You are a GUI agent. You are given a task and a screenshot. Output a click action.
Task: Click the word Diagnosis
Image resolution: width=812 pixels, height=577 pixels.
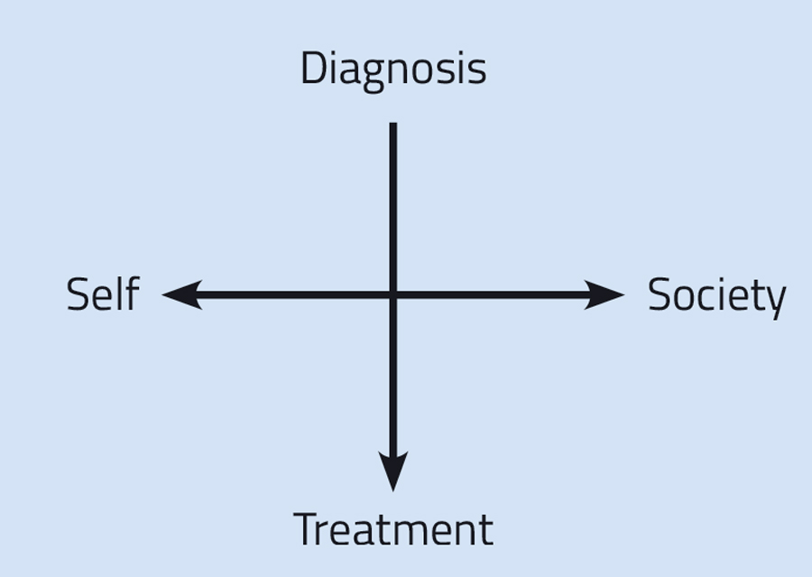pos(392,69)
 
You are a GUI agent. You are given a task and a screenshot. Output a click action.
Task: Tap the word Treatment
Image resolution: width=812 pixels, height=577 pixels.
pos(393,529)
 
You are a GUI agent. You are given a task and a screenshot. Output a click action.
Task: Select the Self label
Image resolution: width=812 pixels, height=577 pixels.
pos(102,294)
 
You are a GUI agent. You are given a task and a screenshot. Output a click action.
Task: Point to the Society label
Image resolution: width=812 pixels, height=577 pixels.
pos(716,295)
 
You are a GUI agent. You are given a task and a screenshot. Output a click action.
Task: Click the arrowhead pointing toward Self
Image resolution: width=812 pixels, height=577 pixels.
pos(180,294)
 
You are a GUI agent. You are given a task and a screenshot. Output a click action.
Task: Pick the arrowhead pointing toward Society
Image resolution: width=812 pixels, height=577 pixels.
pos(604,294)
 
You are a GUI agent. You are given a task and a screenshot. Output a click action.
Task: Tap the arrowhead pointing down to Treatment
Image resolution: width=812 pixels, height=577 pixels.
pos(392,471)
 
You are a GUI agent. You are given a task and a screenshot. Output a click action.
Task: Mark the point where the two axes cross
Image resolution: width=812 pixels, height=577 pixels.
pos(392,294)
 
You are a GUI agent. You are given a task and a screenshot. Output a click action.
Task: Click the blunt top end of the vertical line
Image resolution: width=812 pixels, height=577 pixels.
pos(392,126)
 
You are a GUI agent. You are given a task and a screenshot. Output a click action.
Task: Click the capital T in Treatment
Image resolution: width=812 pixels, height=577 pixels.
pos(308,529)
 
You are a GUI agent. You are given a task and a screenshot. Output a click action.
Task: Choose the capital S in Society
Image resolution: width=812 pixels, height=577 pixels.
pos(660,295)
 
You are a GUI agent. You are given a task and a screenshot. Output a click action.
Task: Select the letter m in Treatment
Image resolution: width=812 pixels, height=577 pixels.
pos(411,533)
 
